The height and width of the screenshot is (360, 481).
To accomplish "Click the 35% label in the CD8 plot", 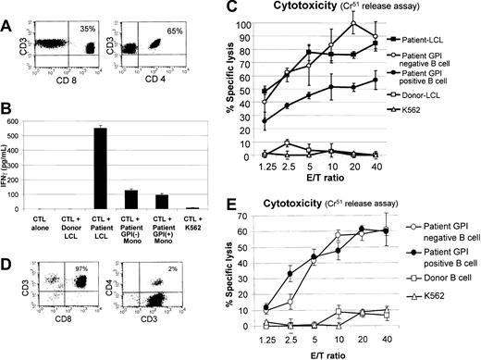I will (x=89, y=16).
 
